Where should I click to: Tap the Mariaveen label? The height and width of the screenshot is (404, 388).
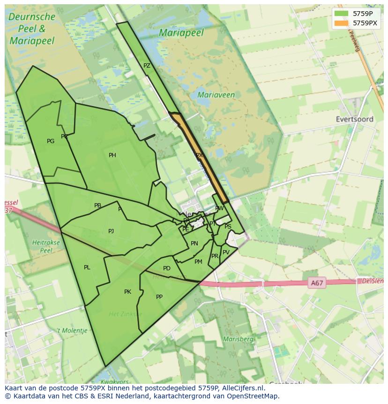(x=216, y=95)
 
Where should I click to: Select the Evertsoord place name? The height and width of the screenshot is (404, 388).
(x=354, y=119)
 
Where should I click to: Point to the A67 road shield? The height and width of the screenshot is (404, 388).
(x=317, y=283)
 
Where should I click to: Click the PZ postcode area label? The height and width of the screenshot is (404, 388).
(x=147, y=66)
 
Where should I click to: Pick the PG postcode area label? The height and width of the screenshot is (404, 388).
(x=51, y=141)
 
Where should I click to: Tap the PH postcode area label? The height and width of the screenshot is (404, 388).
(x=112, y=155)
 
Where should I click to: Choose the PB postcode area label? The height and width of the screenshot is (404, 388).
(x=97, y=206)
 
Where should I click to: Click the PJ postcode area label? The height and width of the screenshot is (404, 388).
(x=111, y=231)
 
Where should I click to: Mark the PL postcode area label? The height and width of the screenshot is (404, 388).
(x=87, y=267)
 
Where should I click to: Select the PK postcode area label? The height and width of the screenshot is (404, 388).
(x=127, y=292)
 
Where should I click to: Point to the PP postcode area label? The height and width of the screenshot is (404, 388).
(x=159, y=297)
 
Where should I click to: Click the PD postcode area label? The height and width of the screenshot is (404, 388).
(x=167, y=268)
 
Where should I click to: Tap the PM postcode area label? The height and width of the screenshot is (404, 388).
(x=198, y=262)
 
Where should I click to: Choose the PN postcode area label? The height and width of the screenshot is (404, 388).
(x=194, y=244)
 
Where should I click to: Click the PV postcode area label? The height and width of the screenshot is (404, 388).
(x=226, y=252)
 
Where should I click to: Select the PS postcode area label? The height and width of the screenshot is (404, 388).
(x=228, y=227)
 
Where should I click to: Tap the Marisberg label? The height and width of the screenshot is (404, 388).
(x=238, y=339)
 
